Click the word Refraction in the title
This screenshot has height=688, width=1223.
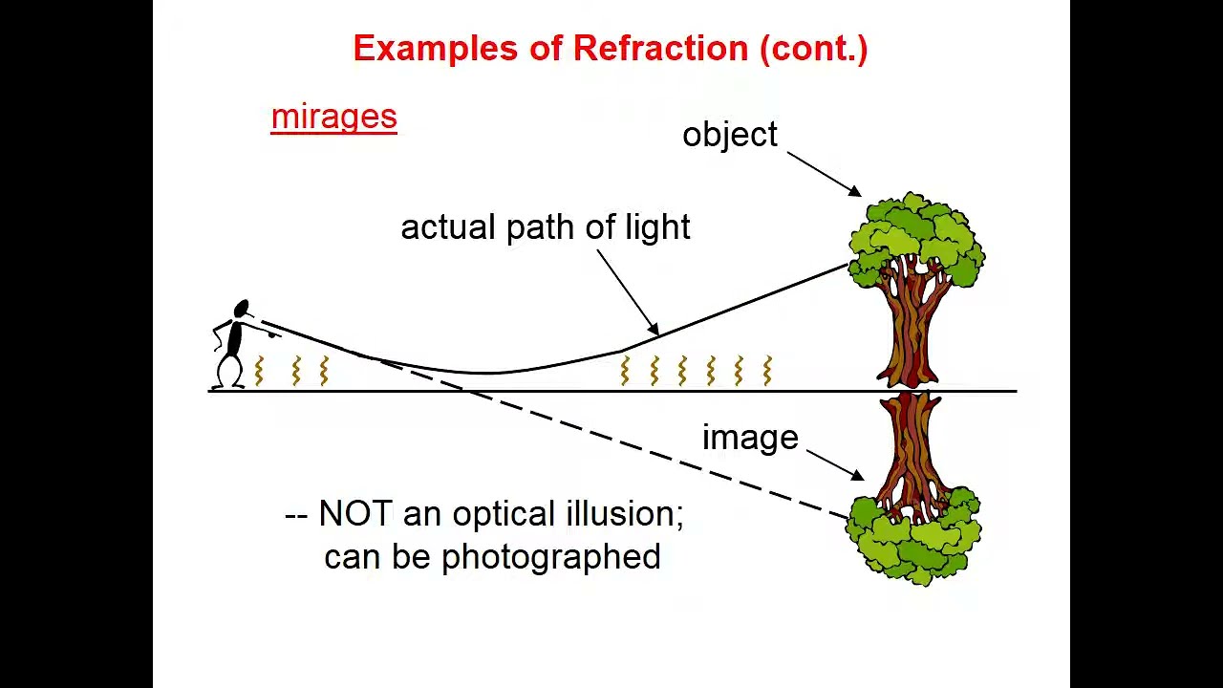(x=660, y=49)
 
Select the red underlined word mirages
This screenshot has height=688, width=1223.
(x=333, y=117)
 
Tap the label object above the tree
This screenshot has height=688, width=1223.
(x=730, y=135)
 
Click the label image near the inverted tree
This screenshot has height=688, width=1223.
(x=750, y=438)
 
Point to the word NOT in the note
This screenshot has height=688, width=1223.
(x=354, y=514)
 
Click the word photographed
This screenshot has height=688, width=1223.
(x=550, y=557)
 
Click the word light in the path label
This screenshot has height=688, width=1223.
(x=657, y=227)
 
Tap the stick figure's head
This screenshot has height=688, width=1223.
(x=241, y=309)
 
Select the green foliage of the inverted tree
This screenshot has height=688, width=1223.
(x=912, y=540)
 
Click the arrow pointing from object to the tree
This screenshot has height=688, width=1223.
(x=823, y=174)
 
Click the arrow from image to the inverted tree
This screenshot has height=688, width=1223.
(x=835, y=464)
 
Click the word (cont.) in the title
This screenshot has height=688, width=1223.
(x=813, y=49)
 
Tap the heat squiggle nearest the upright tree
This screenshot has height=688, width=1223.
(x=767, y=370)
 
